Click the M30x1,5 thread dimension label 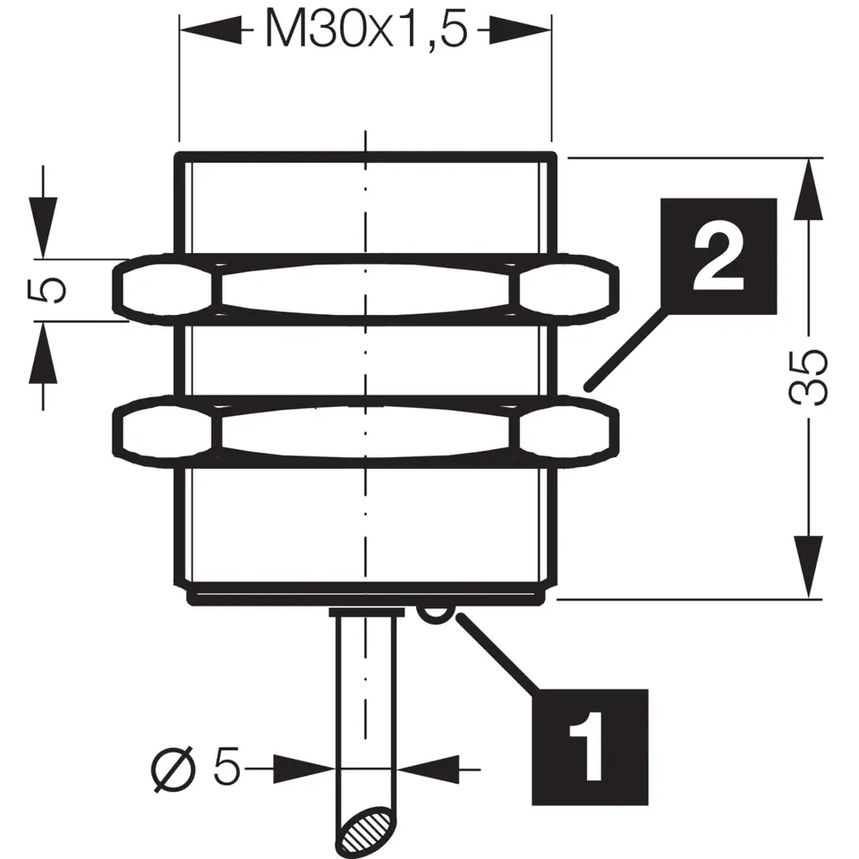pyautogui.click(x=365, y=32)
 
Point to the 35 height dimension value pyautogui.click(x=810, y=377)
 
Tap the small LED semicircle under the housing pyautogui.click(x=433, y=613)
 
